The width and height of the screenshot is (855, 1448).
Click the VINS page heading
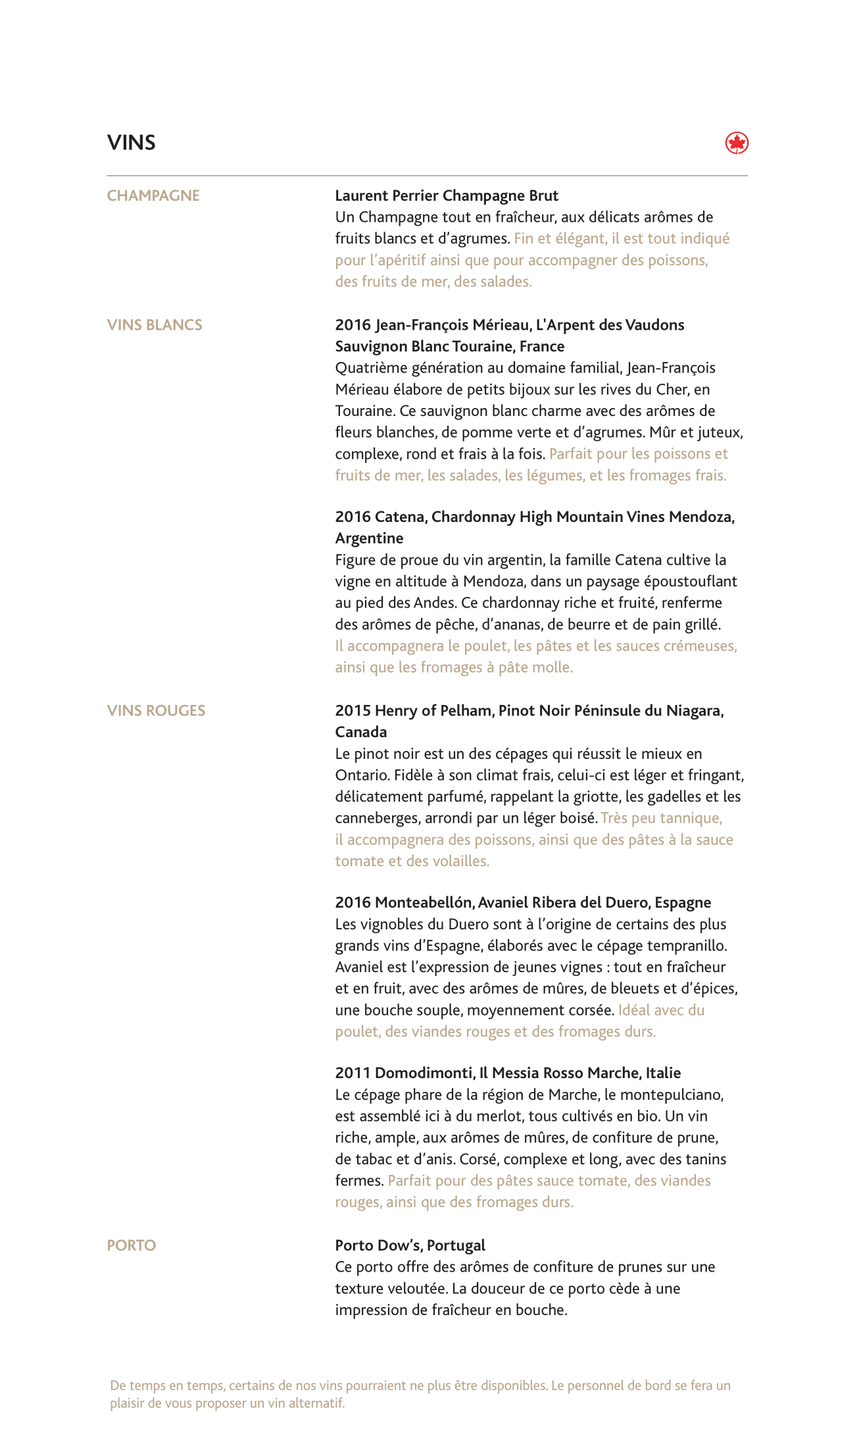click(132, 143)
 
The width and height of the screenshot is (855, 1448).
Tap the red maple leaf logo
click(737, 143)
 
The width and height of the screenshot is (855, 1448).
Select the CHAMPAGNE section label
click(153, 195)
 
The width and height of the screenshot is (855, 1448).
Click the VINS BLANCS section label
click(155, 324)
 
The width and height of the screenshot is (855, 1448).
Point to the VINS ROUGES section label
click(156, 710)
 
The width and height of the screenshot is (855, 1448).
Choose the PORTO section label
click(132, 1245)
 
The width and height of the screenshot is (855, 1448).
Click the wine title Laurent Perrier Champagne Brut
click(447, 195)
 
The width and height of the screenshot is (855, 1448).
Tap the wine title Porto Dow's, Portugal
click(410, 1245)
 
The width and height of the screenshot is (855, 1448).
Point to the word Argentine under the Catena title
click(369, 538)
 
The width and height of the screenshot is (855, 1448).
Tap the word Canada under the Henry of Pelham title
click(361, 732)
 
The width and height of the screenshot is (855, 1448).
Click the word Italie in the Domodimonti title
click(663, 1073)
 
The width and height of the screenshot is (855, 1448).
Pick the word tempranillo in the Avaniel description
click(687, 946)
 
